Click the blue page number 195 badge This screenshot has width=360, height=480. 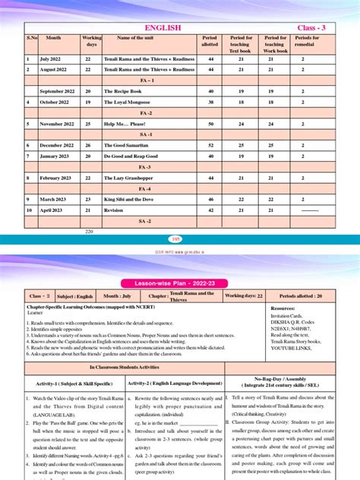pos(176,238)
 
